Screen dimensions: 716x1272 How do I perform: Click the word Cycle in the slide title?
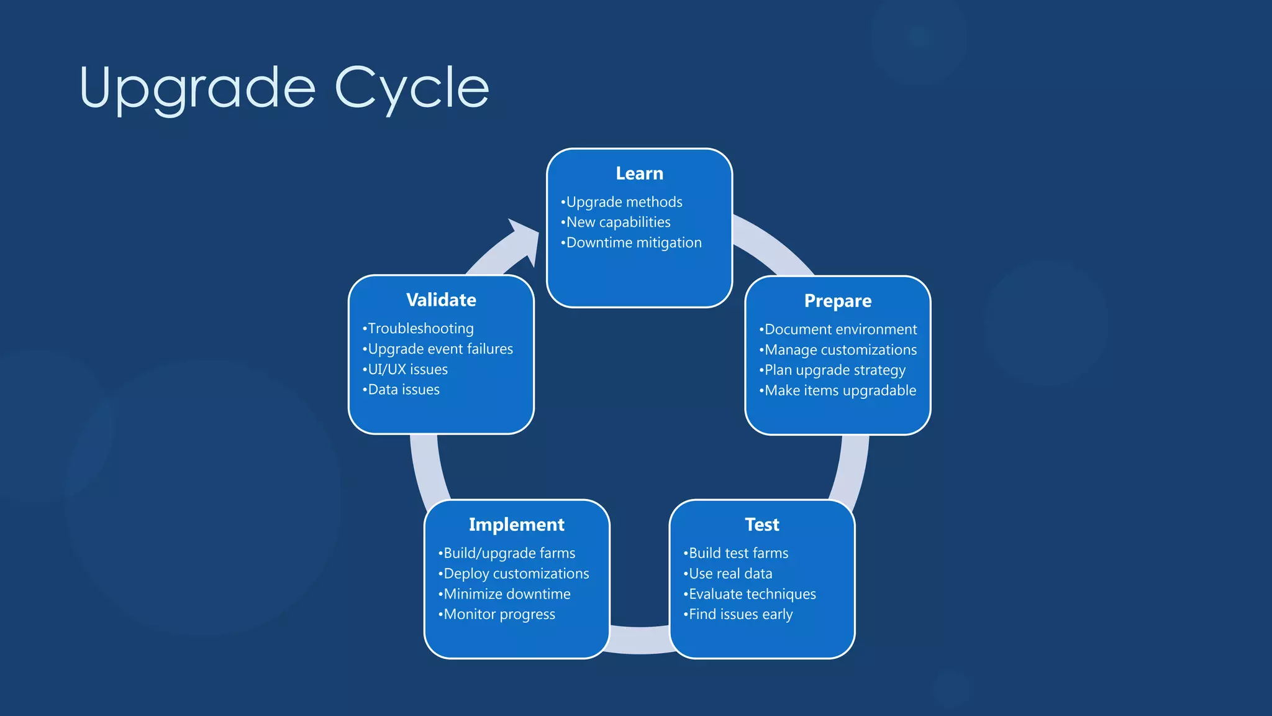[x=412, y=88]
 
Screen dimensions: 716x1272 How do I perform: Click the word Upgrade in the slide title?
[x=198, y=88]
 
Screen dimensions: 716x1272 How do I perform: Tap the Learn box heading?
[x=639, y=173]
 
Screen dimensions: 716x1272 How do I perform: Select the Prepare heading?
[x=837, y=301]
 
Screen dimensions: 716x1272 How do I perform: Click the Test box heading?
[x=761, y=525]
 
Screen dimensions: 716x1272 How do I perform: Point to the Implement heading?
[x=516, y=525]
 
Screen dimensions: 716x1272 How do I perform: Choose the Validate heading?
[x=441, y=300]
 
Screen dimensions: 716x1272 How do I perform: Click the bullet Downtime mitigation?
[x=634, y=243]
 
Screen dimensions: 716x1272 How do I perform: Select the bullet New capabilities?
[x=618, y=223]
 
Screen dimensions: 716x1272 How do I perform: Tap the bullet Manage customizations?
[x=840, y=350]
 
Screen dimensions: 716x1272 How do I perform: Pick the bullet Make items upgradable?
[x=840, y=391]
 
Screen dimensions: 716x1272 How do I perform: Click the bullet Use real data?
[x=730, y=574]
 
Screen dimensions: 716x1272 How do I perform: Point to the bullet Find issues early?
[x=740, y=615]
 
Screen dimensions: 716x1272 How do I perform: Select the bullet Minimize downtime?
[x=506, y=594]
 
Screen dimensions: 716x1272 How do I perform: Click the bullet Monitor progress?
[x=499, y=615]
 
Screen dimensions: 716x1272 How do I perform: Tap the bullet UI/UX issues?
[x=407, y=370]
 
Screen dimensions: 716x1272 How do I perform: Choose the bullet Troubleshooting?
[x=420, y=329]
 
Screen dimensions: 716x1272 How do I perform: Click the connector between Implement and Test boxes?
[x=640, y=640]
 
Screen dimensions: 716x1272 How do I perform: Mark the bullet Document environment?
[x=840, y=329]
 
